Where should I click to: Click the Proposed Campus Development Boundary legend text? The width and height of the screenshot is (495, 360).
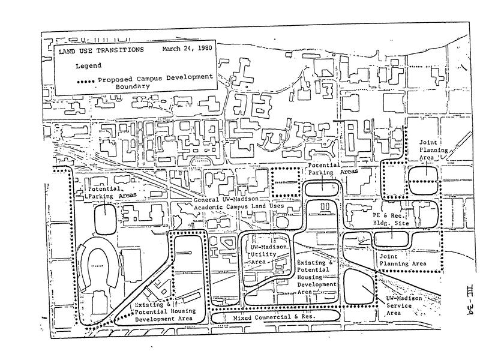155,82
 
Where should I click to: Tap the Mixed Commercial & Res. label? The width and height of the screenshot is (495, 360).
275,315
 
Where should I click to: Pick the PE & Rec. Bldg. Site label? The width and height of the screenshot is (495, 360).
389,218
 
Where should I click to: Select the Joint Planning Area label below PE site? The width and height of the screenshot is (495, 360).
403,259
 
